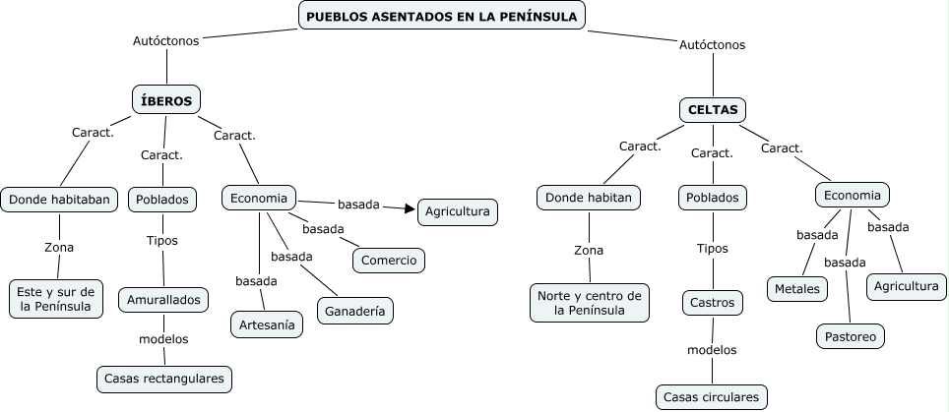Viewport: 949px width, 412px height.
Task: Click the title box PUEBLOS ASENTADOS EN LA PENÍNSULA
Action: (442, 16)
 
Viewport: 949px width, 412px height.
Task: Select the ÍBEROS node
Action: (166, 99)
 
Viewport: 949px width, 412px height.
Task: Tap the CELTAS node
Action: (713, 110)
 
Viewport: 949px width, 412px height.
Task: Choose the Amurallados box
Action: (163, 299)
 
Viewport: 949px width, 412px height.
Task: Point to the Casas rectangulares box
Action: (165, 378)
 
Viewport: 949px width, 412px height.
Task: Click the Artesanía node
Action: (266, 324)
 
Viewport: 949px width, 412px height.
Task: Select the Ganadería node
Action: (355, 311)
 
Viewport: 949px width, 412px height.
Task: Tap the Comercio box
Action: (389, 261)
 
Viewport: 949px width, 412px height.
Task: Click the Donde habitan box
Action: (589, 198)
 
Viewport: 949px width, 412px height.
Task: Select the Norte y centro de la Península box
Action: (589, 303)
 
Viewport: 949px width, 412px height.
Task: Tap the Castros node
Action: (712, 303)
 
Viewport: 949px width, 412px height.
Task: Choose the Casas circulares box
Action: (711, 397)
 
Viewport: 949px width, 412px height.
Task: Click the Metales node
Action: (796, 289)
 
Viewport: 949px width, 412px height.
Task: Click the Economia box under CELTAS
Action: (853, 195)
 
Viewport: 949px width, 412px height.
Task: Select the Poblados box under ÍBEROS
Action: (162, 200)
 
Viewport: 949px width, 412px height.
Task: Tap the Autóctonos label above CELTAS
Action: (712, 45)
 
